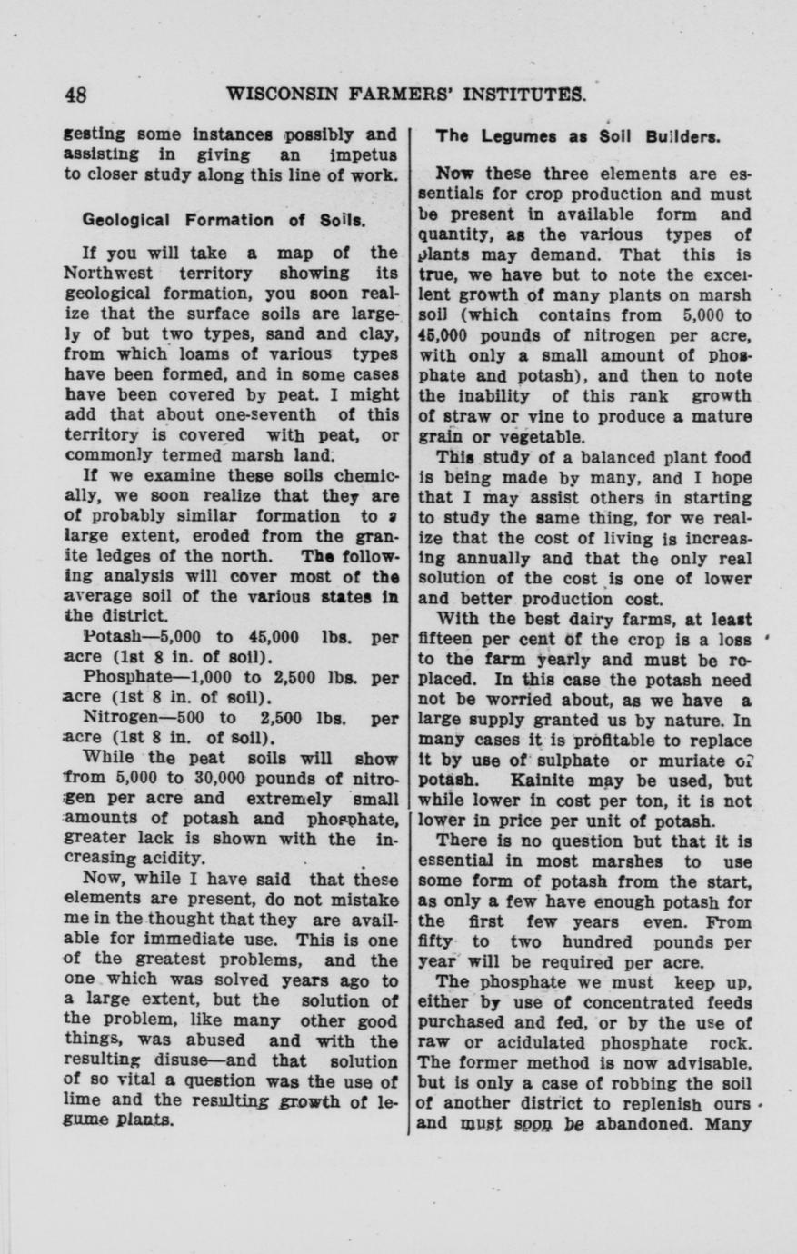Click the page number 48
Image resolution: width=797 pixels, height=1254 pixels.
pos(75,95)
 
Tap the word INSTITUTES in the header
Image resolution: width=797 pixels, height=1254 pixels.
pos(523,95)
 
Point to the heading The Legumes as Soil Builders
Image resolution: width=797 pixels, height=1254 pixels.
pos(577,136)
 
